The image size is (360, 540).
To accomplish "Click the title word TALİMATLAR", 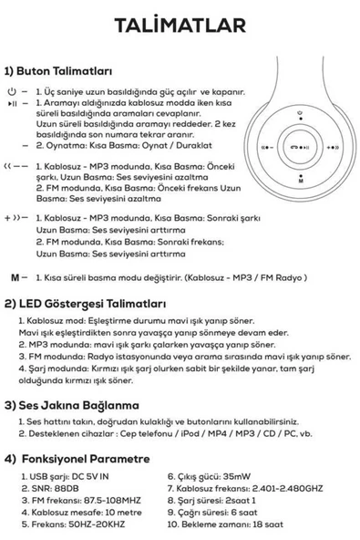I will pyautogui.click(x=180, y=26).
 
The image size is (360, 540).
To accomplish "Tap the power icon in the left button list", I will pyautogui.click(x=13, y=93).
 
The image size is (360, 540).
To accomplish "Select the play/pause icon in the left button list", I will pyautogui.click(x=13, y=103).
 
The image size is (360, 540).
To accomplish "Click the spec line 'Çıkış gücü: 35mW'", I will pyautogui.click(x=209, y=476).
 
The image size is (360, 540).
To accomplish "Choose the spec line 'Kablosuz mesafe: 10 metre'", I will pyautogui.click(x=80, y=512).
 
